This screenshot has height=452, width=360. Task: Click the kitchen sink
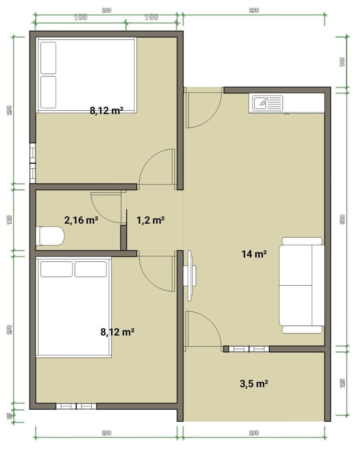(268, 103)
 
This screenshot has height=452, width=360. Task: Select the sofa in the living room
(302, 285)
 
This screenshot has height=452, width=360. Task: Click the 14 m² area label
(254, 254)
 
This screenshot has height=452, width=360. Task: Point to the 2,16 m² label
(81, 220)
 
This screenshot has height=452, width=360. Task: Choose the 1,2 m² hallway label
(150, 220)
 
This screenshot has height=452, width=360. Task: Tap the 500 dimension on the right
(342, 219)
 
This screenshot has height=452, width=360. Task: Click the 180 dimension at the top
(81, 17)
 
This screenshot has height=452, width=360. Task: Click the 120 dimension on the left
(9, 220)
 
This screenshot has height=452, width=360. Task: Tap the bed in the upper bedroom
(86, 75)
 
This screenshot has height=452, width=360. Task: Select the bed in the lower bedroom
(73, 308)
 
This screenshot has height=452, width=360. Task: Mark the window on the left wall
(33, 163)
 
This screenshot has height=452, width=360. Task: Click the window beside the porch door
(249, 349)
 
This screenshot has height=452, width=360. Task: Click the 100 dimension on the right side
(342, 62)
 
